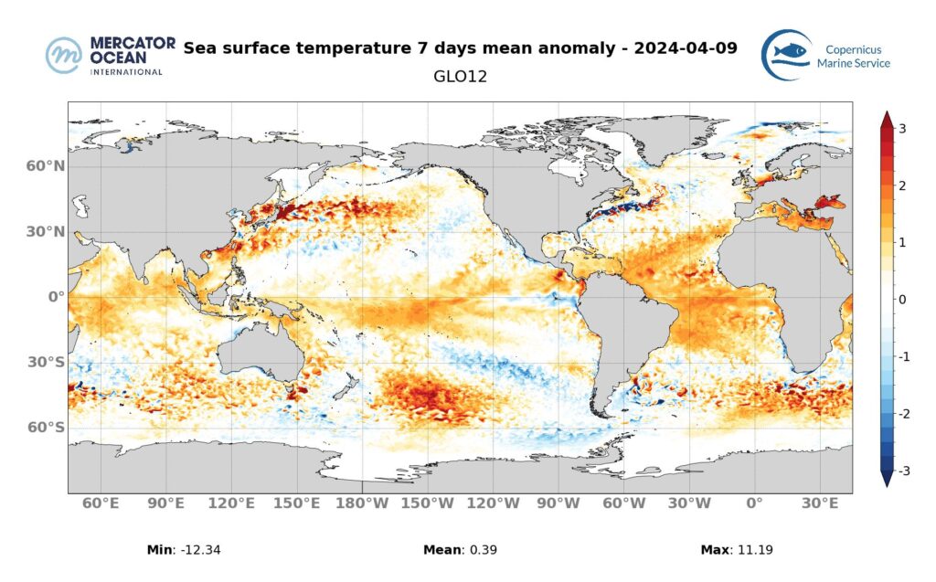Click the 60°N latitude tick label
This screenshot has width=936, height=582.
click(46, 166)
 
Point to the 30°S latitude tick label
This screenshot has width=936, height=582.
click(47, 362)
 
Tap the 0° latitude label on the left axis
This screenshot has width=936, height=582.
click(55, 297)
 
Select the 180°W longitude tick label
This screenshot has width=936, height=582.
click(363, 503)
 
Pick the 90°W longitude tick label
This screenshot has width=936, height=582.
click(558, 503)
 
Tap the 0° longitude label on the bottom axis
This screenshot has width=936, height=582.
click(754, 503)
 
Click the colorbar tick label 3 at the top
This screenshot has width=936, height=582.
click(902, 129)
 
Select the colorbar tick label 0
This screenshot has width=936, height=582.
click(902, 300)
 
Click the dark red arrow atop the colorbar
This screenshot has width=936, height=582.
click(886, 120)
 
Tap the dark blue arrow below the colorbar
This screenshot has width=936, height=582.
click(886, 479)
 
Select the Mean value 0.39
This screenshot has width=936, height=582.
click(484, 550)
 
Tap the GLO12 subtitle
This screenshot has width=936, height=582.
click(460, 77)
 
